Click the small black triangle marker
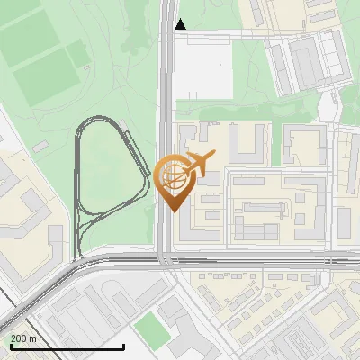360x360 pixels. pos(181,24)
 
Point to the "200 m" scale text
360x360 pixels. pos(23,337)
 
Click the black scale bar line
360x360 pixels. pos(67,346)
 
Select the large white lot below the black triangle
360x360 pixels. pos(203,68)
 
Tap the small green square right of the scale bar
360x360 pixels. pos(152,328)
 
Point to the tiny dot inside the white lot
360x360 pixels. pos(221,65)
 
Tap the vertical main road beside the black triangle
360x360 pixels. pos(167,36)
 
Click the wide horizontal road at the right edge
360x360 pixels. pos(346,260)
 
